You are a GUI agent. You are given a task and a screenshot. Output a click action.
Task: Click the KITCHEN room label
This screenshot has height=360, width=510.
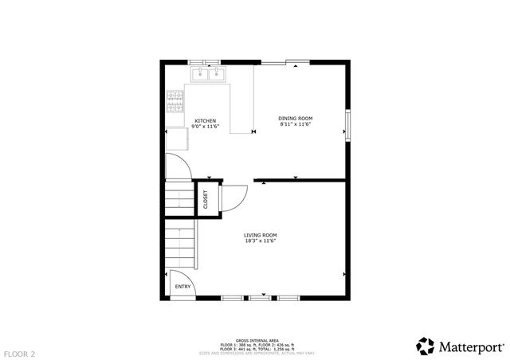205,121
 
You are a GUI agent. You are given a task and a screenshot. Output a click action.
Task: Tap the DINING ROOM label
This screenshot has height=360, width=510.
295,119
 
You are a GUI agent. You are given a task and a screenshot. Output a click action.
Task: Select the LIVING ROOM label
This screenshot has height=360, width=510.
261,235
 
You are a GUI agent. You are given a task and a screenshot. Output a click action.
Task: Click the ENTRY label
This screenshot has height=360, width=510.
182,287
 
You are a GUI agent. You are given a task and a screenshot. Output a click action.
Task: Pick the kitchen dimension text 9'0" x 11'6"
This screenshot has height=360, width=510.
205,127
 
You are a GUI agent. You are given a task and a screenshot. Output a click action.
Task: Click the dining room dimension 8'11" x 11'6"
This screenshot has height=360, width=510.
295,124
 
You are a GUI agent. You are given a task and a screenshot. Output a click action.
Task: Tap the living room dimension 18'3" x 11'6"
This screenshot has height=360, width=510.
261,241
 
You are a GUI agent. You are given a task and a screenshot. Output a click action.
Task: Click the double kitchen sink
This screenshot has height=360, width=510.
209,74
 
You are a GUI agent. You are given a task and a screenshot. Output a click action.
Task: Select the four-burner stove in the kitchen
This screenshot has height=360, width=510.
175,100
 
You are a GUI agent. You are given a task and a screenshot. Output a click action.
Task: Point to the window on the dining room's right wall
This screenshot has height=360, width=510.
347,125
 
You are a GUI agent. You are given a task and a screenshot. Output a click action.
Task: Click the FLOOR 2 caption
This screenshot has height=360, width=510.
19,352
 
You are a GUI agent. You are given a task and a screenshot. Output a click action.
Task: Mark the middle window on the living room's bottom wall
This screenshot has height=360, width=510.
260,297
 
